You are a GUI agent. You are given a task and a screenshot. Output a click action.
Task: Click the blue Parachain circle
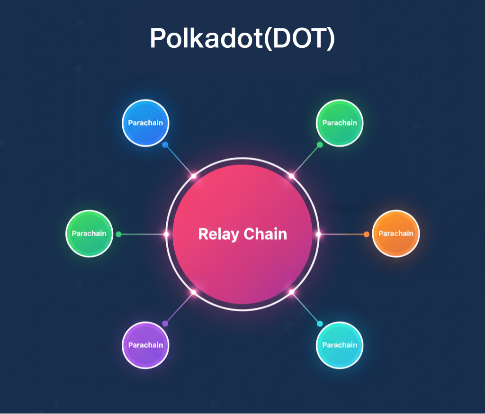pyautogui.click(x=145, y=123)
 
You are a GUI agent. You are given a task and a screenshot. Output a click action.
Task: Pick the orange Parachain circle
pyautogui.click(x=396, y=234)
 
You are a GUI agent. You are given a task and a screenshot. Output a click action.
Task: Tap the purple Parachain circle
pyautogui.click(x=145, y=345)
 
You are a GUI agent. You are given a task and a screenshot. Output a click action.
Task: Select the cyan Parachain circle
pyautogui.click(x=340, y=345)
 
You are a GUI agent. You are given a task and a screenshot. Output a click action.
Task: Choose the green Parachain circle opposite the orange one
pyautogui.click(x=89, y=234)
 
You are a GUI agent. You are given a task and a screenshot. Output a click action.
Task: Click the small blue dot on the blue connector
pyautogui.click(x=165, y=145)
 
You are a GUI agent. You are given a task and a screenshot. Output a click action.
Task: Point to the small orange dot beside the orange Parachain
pyautogui.click(x=366, y=234)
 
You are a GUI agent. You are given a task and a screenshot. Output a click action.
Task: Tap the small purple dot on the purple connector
pyautogui.click(x=165, y=324)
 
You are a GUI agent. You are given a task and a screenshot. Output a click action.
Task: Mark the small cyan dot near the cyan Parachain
pyautogui.click(x=320, y=324)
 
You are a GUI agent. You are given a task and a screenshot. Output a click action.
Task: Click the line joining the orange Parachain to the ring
pyautogui.click(x=342, y=234)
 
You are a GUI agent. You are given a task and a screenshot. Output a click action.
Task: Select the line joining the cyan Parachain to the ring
pyautogui.click(x=305, y=308)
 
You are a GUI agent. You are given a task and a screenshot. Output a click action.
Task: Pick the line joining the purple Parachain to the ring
pyautogui.click(x=180, y=308)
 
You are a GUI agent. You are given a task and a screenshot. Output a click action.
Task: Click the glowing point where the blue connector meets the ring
pyautogui.click(x=194, y=176)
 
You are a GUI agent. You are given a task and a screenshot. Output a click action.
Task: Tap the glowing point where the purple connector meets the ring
pyautogui.click(x=194, y=292)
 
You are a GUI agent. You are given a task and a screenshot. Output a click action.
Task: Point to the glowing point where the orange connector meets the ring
pyautogui.click(x=318, y=234)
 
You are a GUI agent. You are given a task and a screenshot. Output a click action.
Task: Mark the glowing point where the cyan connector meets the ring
pyautogui.click(x=291, y=292)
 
